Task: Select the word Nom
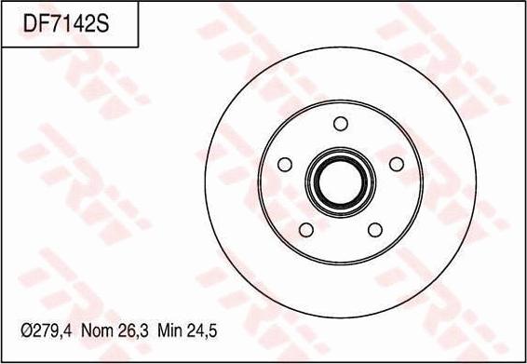click(x=100, y=330)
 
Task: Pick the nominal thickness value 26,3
click(x=136, y=330)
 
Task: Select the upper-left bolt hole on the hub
click(x=286, y=164)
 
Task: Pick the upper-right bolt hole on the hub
click(x=396, y=164)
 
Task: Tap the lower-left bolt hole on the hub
click(x=306, y=229)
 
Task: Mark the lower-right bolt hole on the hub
click(x=375, y=229)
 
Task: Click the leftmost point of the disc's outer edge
click(x=202, y=182)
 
